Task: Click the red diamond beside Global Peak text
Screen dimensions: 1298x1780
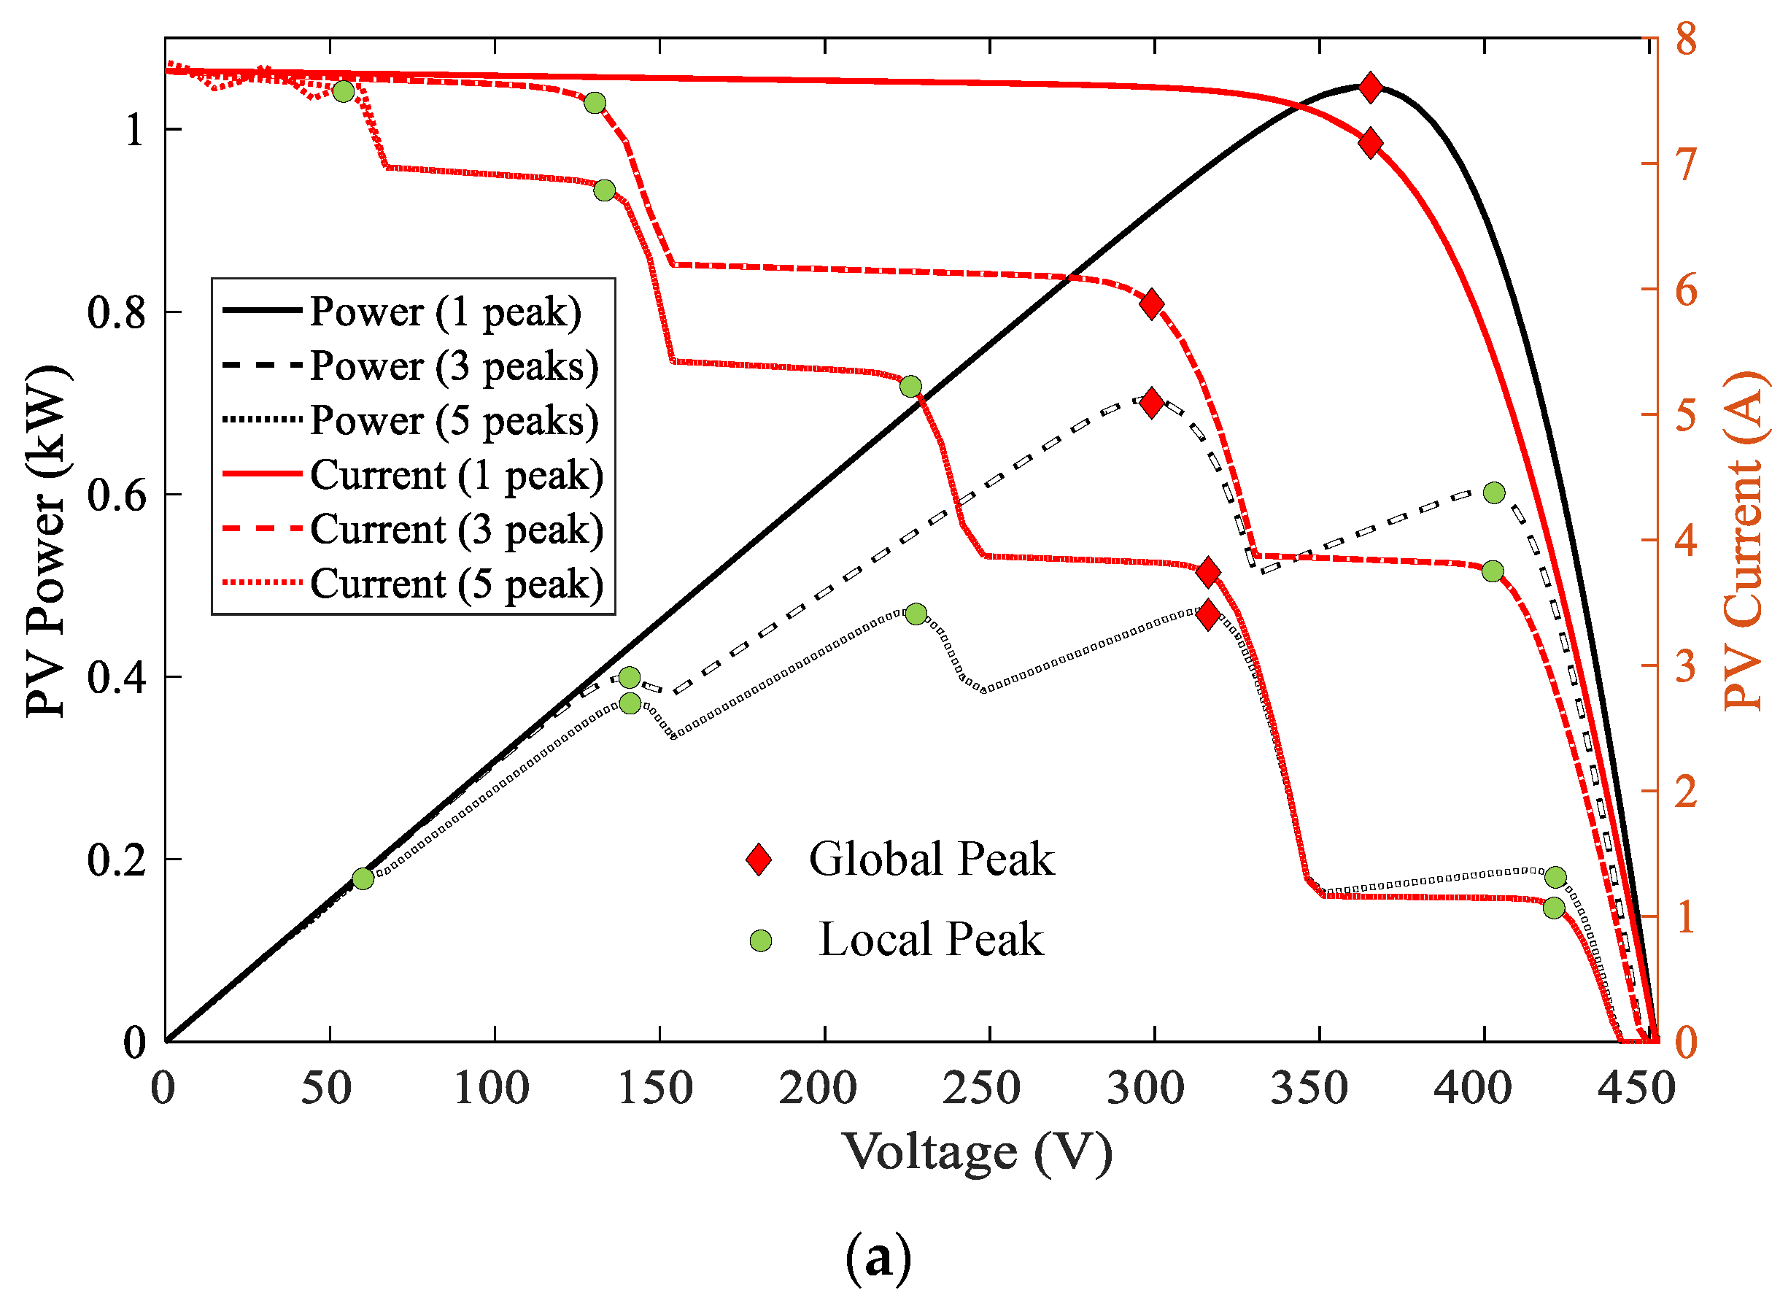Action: click(x=759, y=859)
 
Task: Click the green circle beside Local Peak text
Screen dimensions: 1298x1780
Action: click(x=760, y=940)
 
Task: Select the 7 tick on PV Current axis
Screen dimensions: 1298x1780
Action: click(x=1685, y=164)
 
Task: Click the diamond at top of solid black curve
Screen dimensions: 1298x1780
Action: click(x=1370, y=88)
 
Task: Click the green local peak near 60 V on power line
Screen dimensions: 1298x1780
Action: click(x=362, y=878)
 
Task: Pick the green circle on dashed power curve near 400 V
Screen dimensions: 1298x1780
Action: click(x=1493, y=493)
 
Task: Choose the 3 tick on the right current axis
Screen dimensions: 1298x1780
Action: click(x=1685, y=666)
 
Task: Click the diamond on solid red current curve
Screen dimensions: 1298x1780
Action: click(x=1370, y=144)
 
